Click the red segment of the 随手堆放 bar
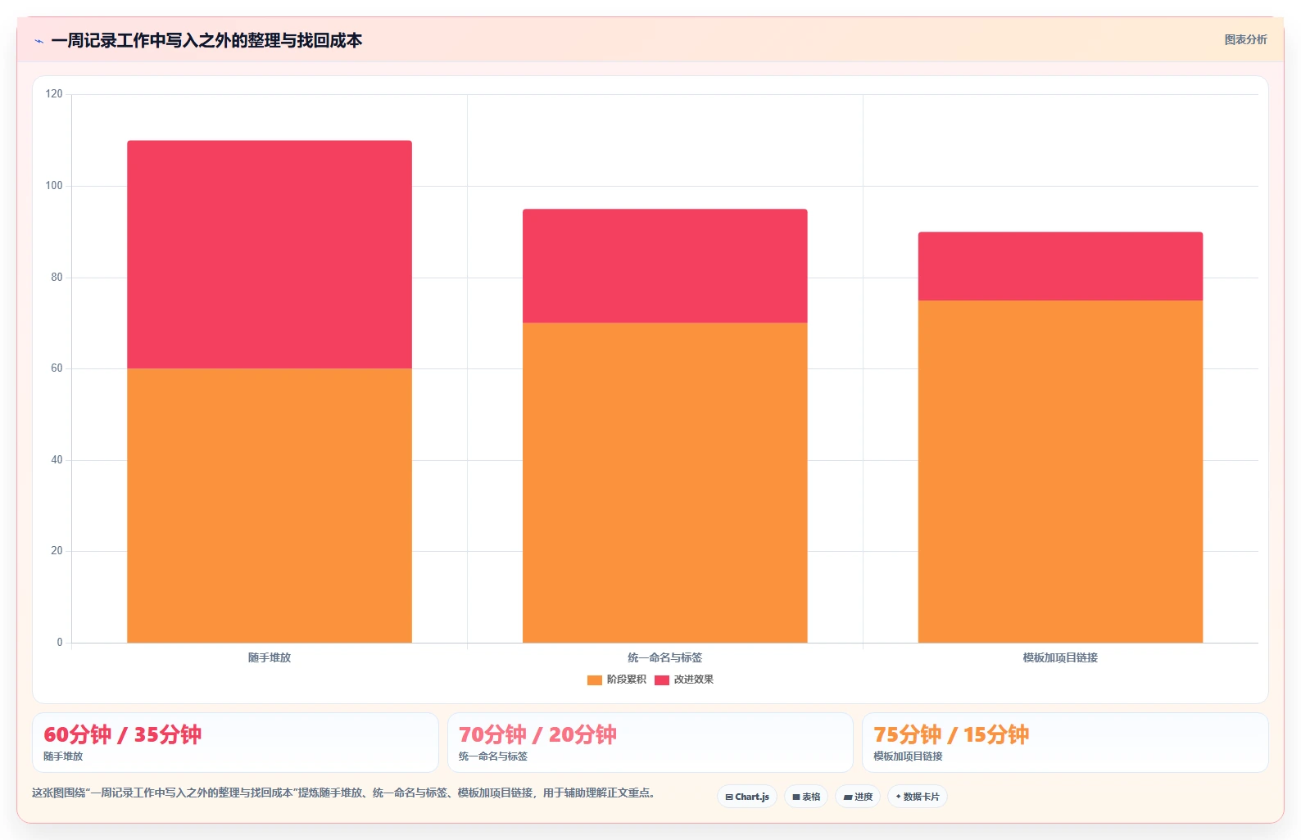tap(270, 255)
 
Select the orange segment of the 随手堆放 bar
tap(270, 506)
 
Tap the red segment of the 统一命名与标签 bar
tap(665, 266)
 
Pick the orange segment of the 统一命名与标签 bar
tap(665, 482)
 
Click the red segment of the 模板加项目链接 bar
tap(1061, 266)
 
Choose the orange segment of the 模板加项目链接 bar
tap(1061, 472)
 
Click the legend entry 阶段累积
tap(617, 680)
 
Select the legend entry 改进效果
tap(684, 680)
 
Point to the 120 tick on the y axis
tap(54, 94)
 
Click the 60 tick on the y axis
tap(57, 368)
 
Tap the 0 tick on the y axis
tap(59, 643)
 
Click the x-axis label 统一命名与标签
tap(665, 657)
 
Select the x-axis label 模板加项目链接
tap(1061, 657)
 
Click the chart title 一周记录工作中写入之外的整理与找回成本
tap(206, 41)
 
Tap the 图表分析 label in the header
tap(1246, 39)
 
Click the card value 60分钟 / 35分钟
tap(123, 734)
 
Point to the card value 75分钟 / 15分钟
tap(951, 734)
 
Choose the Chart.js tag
tap(747, 797)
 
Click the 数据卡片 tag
tap(917, 797)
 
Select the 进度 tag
tap(858, 797)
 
